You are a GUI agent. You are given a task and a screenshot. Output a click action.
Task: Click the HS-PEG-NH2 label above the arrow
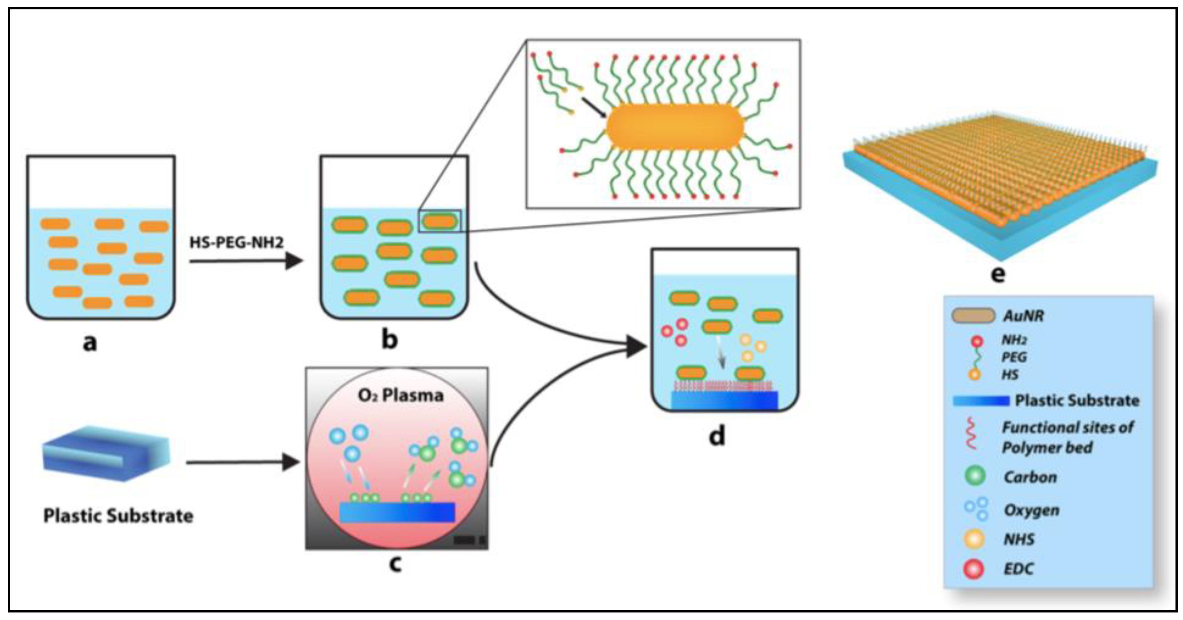click(237, 242)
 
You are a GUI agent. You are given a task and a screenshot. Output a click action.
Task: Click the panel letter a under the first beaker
click(90, 342)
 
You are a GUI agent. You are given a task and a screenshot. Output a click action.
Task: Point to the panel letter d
click(717, 435)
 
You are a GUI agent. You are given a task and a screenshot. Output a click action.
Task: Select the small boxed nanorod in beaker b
click(439, 221)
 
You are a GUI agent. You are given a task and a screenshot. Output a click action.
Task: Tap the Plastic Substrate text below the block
click(118, 516)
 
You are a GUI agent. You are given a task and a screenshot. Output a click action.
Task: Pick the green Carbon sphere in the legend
click(975, 476)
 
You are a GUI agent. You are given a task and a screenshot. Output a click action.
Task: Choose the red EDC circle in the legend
click(974, 569)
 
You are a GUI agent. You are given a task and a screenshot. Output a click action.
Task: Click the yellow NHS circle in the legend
click(974, 539)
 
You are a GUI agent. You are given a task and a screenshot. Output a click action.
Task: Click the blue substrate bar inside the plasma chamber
click(397, 512)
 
